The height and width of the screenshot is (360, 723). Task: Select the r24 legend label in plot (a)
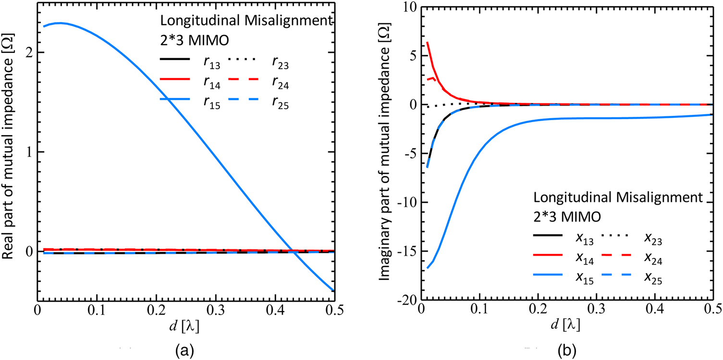pos(281,85)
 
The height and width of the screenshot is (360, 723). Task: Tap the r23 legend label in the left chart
pos(281,64)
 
